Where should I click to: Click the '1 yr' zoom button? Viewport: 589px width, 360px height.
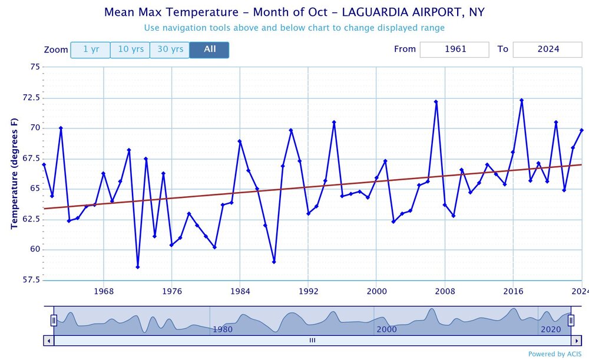pos(91,49)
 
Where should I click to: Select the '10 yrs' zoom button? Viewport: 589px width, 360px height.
pos(130,49)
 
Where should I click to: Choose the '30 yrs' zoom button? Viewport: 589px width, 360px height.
pos(170,49)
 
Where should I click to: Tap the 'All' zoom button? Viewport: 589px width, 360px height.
pos(210,49)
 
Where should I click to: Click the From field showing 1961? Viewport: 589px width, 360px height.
pos(454,49)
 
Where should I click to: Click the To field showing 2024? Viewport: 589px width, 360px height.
pos(547,49)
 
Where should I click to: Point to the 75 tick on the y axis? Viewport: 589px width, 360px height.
pos(34,67)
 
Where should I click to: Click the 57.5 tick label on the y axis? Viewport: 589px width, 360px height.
pos(31,279)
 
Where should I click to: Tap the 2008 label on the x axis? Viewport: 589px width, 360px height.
pos(445,291)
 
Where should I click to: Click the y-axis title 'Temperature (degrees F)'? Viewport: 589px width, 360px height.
pos(15,173)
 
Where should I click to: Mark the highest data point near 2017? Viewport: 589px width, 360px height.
pos(522,100)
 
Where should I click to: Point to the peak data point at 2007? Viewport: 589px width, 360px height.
pos(436,101)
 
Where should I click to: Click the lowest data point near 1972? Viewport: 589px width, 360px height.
pos(138,267)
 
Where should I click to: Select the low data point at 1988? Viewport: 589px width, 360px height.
pos(274,262)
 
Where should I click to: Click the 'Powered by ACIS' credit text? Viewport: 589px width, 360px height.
pos(555,354)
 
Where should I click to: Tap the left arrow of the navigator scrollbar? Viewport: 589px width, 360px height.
pos(49,340)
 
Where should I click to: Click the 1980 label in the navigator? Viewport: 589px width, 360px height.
pos(223,329)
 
